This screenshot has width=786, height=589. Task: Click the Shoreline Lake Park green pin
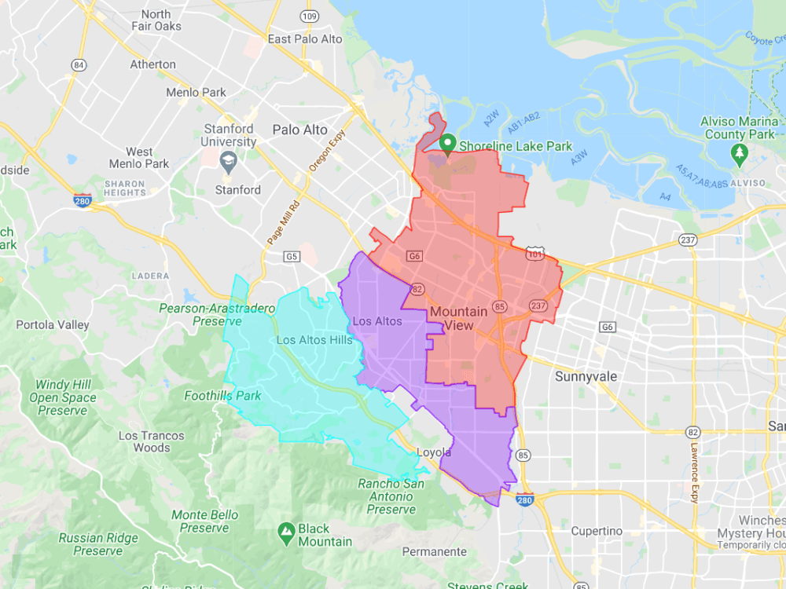(x=448, y=143)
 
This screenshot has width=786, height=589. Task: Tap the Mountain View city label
(x=458, y=318)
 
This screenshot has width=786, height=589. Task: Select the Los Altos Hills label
(x=314, y=340)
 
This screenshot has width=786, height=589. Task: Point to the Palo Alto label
(x=299, y=130)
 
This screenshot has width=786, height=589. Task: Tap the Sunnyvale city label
(x=586, y=376)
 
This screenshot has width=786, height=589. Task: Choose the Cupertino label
(x=597, y=531)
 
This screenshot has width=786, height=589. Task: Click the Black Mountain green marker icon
(x=287, y=532)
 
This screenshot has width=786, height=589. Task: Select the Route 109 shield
(x=310, y=16)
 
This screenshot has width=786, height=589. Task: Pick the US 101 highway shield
(x=534, y=254)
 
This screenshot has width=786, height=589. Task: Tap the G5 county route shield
(x=292, y=256)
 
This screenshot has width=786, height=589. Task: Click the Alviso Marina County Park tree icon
(x=738, y=152)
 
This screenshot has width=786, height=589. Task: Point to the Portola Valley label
(x=53, y=324)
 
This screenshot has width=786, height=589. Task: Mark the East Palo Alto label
(x=305, y=38)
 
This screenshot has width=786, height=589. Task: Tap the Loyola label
(x=433, y=452)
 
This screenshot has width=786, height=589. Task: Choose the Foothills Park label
(x=222, y=396)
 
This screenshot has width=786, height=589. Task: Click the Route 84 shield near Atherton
(x=77, y=64)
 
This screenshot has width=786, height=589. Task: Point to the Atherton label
(x=152, y=64)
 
